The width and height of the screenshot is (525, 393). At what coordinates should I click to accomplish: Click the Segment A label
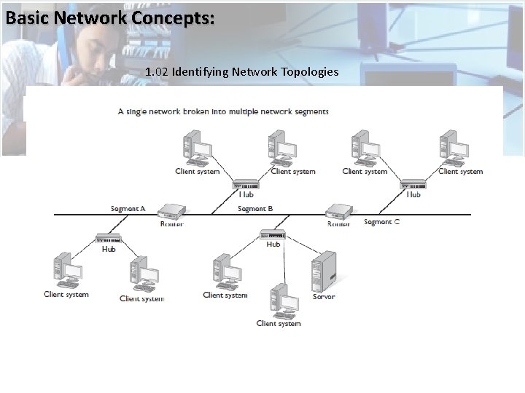click(128, 209)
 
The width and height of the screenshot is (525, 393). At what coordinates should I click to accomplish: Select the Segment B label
click(255, 209)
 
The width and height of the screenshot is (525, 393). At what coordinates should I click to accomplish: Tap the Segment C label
click(381, 222)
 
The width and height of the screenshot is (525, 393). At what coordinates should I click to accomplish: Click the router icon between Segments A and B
click(171, 211)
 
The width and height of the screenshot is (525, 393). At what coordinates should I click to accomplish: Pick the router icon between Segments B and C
click(338, 211)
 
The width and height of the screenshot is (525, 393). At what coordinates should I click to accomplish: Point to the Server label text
click(324, 297)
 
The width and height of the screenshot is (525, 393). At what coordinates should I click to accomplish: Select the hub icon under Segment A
click(108, 238)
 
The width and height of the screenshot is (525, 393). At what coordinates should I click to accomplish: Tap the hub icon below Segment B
click(273, 234)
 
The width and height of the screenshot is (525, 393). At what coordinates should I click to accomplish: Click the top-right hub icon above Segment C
click(413, 185)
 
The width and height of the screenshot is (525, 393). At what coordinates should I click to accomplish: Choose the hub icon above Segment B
click(246, 185)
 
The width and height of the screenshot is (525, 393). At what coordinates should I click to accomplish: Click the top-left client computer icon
click(196, 149)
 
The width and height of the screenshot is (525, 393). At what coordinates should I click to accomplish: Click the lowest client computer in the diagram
click(281, 300)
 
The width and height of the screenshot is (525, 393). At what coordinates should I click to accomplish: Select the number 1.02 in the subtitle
click(157, 72)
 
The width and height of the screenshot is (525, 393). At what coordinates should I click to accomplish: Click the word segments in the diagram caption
click(309, 112)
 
